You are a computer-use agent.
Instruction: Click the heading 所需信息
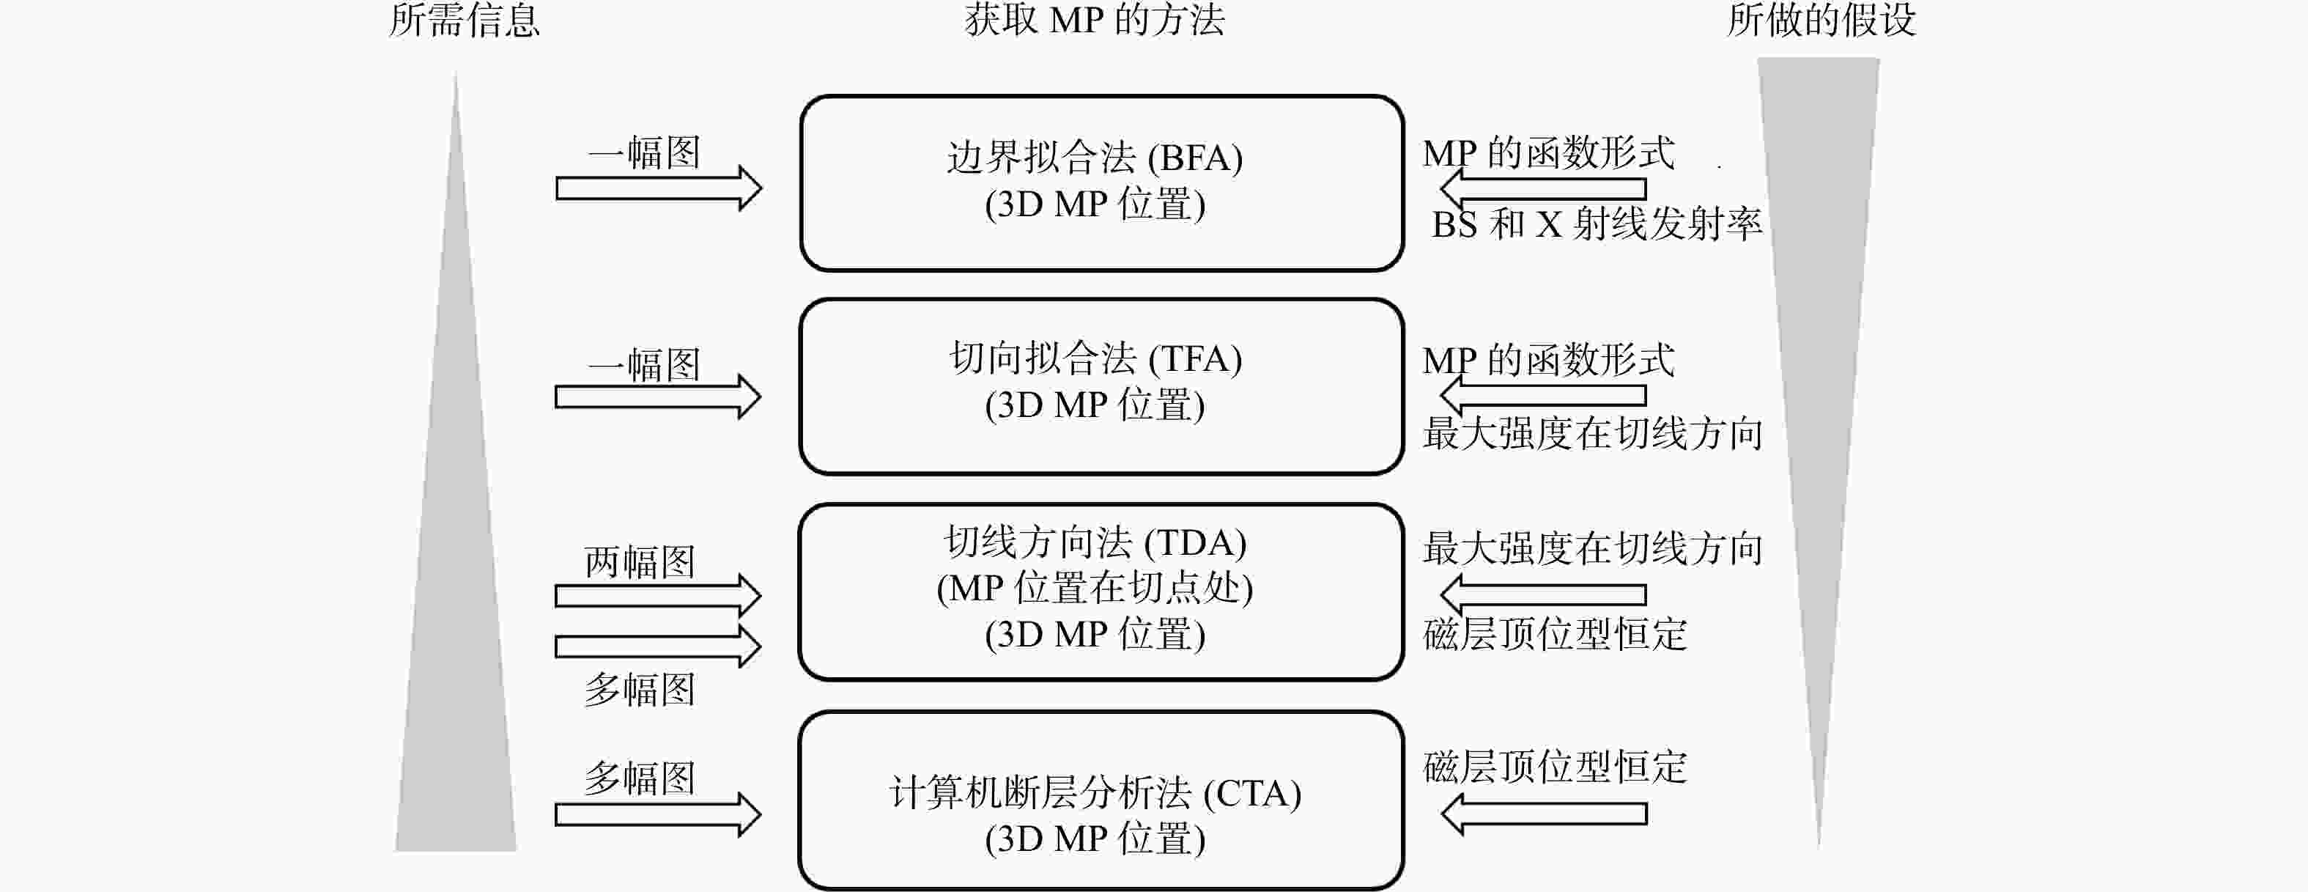point(464,20)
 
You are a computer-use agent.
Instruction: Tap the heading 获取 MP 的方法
point(1094,20)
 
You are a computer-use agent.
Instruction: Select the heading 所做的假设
point(1821,20)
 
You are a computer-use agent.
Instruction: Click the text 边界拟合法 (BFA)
point(1095,158)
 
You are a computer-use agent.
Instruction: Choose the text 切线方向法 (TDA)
point(1095,542)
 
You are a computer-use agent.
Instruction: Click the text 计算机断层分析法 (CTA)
point(1095,793)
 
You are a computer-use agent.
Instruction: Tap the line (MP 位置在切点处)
point(1095,588)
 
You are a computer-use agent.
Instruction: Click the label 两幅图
point(640,562)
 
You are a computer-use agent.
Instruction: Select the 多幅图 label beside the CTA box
point(640,777)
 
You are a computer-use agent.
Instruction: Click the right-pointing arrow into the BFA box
point(659,188)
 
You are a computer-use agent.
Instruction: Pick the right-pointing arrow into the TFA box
point(659,397)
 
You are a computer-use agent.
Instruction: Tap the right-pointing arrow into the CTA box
point(659,814)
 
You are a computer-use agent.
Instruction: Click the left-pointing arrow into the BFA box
point(1543,188)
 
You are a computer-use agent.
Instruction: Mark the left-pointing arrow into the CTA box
point(1543,814)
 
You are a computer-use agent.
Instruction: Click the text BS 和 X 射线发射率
point(1597,224)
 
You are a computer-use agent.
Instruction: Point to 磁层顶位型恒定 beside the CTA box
point(1555,767)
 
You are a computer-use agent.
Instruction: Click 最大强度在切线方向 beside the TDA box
point(1593,548)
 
